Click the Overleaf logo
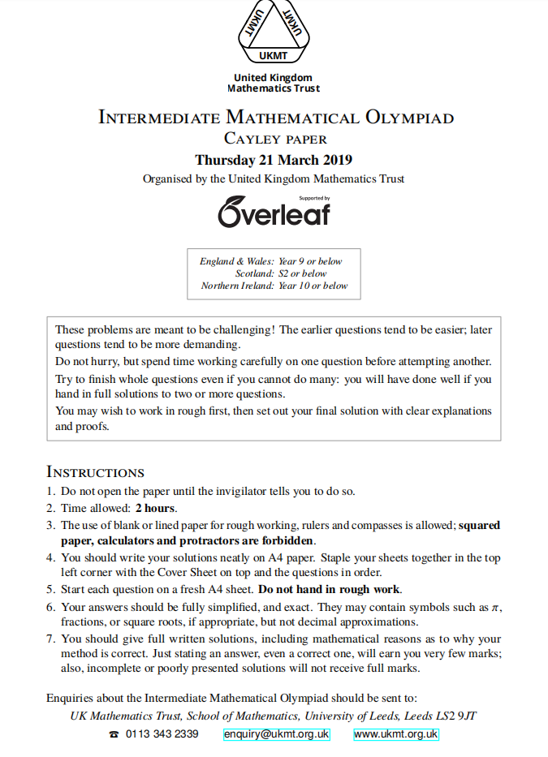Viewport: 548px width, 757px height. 274,213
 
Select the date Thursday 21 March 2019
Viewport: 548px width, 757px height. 274,160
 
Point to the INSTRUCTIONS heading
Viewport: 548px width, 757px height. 96,472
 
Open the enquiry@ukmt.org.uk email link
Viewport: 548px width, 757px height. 277,734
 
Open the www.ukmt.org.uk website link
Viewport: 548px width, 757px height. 396,734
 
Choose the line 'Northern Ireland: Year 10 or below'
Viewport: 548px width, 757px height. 274,286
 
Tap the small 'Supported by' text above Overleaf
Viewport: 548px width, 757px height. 314,198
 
